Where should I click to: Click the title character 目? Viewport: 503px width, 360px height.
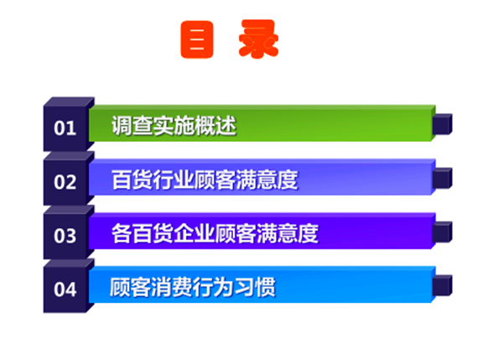[197, 39]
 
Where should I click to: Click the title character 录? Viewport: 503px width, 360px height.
[258, 39]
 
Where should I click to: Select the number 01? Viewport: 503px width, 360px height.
[65, 128]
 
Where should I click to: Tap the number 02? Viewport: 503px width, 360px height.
[65, 182]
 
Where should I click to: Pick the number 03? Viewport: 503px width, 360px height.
[65, 236]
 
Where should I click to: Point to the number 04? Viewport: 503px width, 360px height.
[65, 290]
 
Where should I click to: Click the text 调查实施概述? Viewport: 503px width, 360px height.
[174, 126]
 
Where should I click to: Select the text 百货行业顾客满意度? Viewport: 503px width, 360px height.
[205, 180]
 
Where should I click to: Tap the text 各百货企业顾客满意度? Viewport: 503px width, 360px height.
[215, 233]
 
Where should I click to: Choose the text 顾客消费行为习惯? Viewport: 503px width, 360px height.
[193, 287]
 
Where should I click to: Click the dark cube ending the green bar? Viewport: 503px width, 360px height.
[442, 124]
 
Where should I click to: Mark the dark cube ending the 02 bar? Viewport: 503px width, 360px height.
[442, 178]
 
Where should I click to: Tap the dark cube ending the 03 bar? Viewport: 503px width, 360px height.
[442, 232]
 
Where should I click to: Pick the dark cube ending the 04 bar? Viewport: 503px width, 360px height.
[442, 285]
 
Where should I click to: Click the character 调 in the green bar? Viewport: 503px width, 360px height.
[122, 126]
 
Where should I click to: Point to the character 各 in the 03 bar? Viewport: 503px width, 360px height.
[122, 233]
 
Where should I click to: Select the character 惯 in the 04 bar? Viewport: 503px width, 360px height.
[266, 287]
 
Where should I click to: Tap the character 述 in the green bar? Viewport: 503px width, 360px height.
[226, 126]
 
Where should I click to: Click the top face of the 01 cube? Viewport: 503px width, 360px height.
[69, 102]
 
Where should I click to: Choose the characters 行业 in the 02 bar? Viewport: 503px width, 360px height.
[174, 180]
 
